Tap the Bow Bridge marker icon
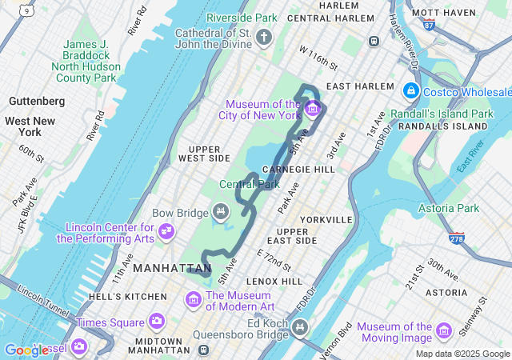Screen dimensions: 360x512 tap(221, 212)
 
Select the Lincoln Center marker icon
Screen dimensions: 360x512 tap(166, 232)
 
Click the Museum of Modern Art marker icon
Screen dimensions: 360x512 tap(193, 299)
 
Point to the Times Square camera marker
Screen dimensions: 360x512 tap(156, 322)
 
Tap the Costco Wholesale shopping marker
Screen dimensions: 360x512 tap(411, 91)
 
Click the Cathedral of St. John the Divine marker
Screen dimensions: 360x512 tap(265, 38)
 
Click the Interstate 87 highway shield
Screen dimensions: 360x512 tap(430, 25)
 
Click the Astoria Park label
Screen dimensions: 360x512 tap(448, 208)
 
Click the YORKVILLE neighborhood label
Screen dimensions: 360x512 tap(326, 219)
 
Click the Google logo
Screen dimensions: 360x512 tap(26, 350)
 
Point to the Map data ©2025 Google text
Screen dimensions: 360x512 tap(462, 354)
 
